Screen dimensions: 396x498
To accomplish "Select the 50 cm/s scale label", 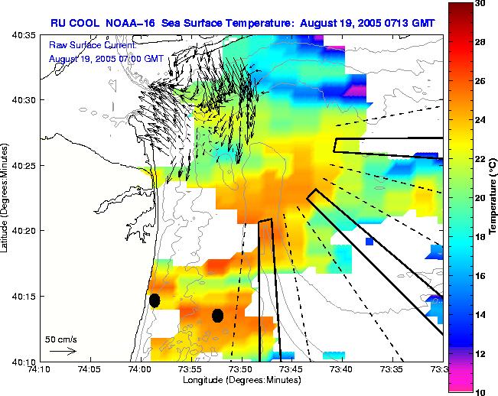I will (x=60, y=338).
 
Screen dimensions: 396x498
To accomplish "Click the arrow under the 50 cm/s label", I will (x=63, y=351).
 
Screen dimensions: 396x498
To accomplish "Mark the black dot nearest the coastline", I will (x=155, y=300).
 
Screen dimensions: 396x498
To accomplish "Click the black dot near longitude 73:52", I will (x=217, y=315).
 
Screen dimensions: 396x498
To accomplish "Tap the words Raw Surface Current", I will (x=87, y=46).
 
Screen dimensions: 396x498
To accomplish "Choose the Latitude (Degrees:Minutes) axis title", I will (x=6, y=198).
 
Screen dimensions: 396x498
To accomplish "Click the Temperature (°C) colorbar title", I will (x=493, y=198).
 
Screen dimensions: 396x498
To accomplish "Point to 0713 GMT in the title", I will (x=406, y=23).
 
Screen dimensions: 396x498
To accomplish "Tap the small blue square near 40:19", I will (x=369, y=242).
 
